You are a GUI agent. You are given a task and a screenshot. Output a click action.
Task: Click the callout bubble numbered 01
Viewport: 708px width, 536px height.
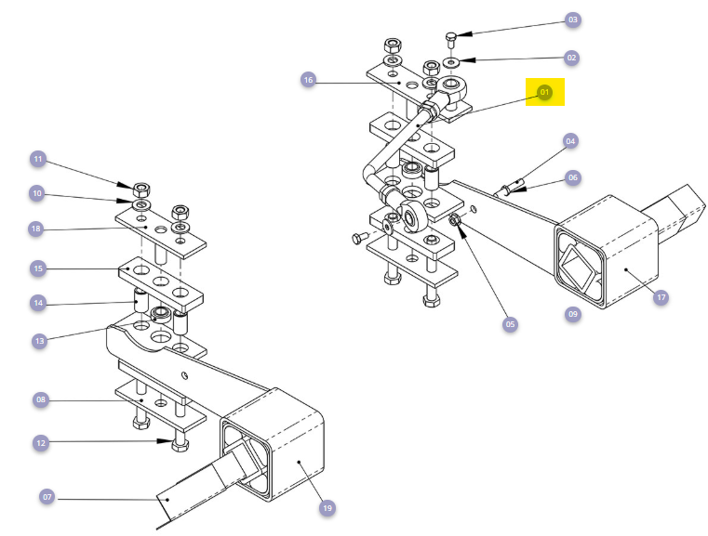(x=545, y=92)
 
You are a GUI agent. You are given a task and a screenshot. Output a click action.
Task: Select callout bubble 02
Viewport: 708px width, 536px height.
(x=572, y=58)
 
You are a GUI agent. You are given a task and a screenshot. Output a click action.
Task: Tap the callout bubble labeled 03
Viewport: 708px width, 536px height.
(x=572, y=20)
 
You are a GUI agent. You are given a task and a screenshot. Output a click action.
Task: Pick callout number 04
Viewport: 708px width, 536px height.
(x=571, y=141)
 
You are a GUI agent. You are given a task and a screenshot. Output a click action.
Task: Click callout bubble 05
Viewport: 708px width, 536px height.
(x=510, y=324)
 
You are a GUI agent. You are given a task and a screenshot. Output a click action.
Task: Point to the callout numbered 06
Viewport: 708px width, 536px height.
(x=572, y=176)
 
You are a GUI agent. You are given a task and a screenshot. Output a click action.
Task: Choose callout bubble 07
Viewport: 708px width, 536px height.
(x=47, y=497)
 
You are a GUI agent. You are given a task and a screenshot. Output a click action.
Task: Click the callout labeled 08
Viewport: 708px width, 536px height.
(x=40, y=400)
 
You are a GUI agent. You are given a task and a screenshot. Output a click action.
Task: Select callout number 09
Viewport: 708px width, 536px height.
(x=572, y=314)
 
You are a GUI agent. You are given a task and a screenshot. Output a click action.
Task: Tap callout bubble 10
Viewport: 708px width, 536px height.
(x=38, y=194)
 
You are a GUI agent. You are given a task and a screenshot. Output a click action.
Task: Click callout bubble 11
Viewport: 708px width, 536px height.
(x=38, y=160)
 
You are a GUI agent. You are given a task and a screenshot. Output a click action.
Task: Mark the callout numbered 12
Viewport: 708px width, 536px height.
(x=40, y=444)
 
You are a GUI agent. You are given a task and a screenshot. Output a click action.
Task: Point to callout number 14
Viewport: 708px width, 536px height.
(x=38, y=303)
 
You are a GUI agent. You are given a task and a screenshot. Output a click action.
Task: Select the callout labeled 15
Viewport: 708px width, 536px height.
(x=38, y=268)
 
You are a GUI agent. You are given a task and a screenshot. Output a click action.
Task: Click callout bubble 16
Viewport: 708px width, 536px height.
(x=308, y=80)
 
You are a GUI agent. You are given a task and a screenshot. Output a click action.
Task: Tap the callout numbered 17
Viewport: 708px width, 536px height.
(x=661, y=298)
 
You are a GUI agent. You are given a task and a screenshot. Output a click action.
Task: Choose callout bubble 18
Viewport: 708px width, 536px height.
(x=38, y=229)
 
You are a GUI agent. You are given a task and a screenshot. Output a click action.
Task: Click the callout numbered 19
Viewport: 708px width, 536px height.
(x=327, y=508)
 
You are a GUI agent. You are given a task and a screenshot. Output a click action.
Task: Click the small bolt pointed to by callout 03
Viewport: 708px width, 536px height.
(x=451, y=38)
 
